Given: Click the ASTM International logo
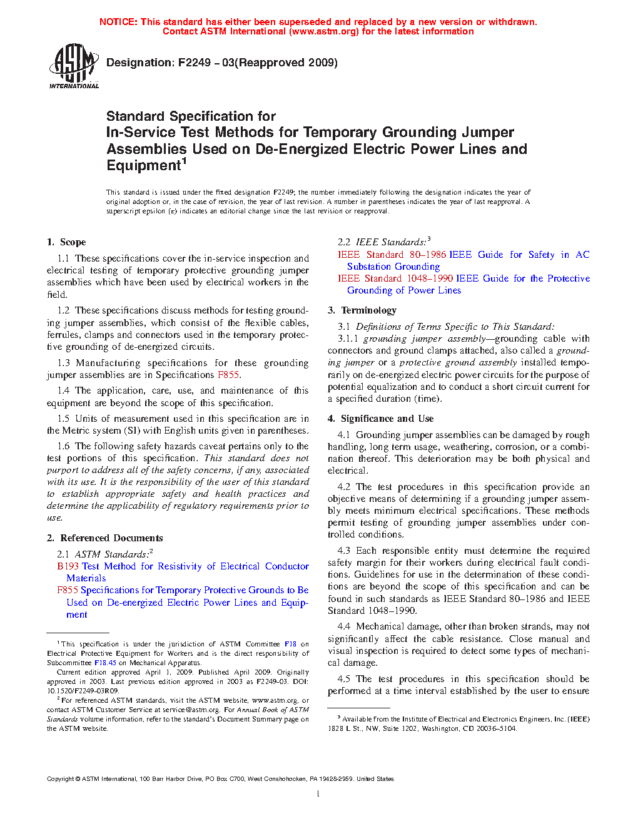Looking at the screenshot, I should coord(74,65).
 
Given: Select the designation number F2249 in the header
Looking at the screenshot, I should coord(195,63).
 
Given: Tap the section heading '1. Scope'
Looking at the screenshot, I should coord(66,242).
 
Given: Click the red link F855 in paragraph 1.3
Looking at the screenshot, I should coord(228,375).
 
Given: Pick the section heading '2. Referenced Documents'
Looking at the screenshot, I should coord(105,538).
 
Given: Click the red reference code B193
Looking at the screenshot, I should coord(68,566).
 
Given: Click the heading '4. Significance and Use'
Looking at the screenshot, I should coord(381,419).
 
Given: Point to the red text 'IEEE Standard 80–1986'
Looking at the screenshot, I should coord(392,255).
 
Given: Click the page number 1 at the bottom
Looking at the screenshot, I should coord(318,794).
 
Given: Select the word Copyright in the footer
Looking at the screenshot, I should coord(60,779).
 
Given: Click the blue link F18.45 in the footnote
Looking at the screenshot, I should coord(105,663).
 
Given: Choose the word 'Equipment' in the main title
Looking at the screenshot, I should coord(143,166).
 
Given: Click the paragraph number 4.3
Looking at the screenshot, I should coord(343,551).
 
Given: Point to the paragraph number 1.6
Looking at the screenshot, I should coord(63,446).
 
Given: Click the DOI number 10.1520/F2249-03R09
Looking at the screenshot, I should coord(83,691).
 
